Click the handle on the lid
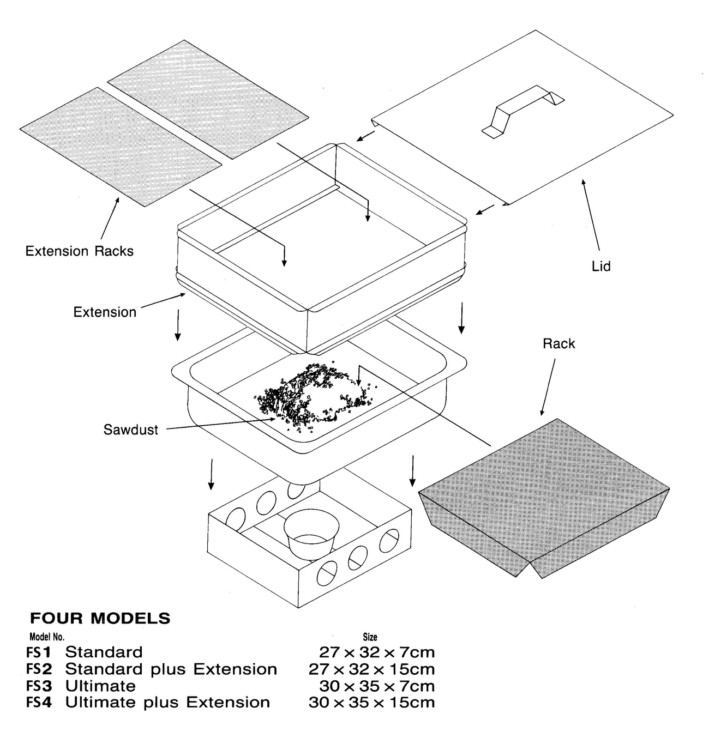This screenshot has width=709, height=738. [522, 111]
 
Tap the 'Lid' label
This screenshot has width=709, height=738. [601, 267]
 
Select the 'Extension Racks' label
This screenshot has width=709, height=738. [80, 251]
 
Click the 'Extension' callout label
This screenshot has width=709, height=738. [105, 312]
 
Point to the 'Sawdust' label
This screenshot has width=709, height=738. [131, 430]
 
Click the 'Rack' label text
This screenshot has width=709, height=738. [558, 344]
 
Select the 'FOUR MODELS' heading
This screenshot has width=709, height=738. [100, 619]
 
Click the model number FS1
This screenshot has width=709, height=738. [38, 652]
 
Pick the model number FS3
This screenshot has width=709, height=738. [38, 686]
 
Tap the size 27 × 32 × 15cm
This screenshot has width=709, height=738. [371, 669]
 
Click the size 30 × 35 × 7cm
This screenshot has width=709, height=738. [377, 686]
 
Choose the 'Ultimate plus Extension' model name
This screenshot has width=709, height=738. [167, 703]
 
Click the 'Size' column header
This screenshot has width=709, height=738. [370, 637]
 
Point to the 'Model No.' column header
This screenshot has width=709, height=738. [47, 637]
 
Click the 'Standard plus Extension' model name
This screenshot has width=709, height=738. [171, 669]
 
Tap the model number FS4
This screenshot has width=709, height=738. [38, 703]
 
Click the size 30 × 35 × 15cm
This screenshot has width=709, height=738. [371, 703]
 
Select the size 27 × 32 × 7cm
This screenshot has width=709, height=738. [377, 652]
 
